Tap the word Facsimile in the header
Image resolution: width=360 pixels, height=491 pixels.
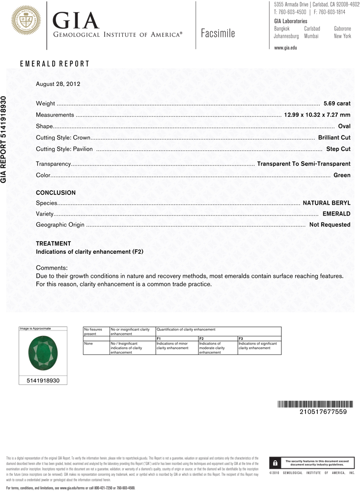click(218, 33)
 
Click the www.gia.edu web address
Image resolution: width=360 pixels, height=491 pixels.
click(285, 48)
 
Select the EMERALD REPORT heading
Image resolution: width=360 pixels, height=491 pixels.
click(55, 64)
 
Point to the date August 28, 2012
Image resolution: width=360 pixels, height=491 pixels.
click(57, 84)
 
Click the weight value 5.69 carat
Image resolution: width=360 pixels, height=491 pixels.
click(336, 104)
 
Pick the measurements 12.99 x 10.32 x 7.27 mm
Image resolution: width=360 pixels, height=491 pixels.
click(317, 115)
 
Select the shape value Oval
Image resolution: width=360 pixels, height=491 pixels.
click(344, 126)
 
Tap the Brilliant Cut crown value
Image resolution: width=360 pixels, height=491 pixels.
click(334, 137)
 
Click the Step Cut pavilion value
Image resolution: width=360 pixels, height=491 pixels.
click(338, 149)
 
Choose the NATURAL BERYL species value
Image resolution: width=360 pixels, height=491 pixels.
click(326, 202)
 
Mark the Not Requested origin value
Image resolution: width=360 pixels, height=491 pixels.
click(330, 225)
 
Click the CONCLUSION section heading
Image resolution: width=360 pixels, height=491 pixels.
click(56, 193)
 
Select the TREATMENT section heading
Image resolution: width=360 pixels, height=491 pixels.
click(54, 244)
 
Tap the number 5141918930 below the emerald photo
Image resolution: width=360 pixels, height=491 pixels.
click(42, 380)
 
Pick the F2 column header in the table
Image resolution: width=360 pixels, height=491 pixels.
click(201, 338)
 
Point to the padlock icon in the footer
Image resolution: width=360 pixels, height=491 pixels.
click(275, 463)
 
